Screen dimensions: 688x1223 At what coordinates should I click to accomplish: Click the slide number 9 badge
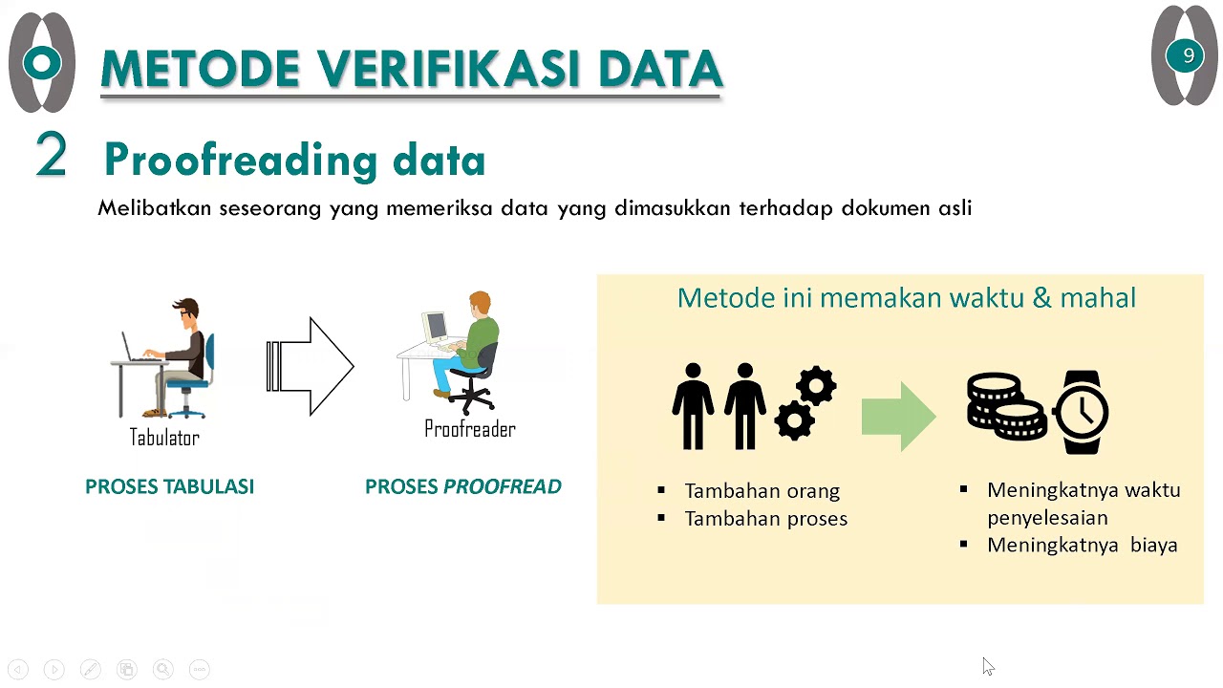[x=1188, y=56]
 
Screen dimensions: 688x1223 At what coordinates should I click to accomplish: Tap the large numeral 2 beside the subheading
[x=52, y=155]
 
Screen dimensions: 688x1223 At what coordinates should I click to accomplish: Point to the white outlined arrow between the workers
[x=311, y=367]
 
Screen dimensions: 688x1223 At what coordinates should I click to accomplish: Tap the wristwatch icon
[x=1082, y=412]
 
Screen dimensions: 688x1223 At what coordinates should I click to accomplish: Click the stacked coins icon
[x=1006, y=406]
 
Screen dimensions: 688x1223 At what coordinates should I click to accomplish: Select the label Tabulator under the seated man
[x=164, y=438]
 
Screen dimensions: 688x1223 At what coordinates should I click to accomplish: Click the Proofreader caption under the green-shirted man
[x=470, y=430]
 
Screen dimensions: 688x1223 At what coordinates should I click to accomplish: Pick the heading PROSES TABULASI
[x=169, y=486]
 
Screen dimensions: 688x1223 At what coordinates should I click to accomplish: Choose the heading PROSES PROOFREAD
[x=463, y=486]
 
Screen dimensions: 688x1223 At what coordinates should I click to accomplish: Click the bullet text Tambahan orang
[x=762, y=491]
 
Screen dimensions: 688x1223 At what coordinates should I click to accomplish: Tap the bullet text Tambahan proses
[x=765, y=519]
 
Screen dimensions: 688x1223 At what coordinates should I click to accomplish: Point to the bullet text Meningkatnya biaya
[x=1082, y=546]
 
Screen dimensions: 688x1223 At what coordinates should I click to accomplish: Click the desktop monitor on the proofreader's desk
[x=435, y=328]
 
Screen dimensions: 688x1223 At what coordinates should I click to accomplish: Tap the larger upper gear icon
[x=816, y=388]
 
